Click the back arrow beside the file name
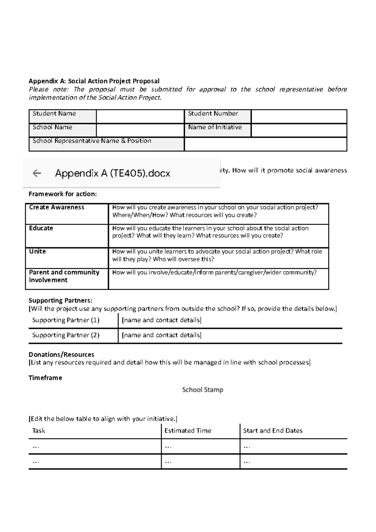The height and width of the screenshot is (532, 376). coord(37,173)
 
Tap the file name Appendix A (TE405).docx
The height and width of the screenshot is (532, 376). coord(112,173)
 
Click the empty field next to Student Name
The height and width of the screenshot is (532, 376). coord(140,116)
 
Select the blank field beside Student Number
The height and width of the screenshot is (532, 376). coord(299,116)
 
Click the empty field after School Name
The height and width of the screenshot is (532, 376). coord(140,130)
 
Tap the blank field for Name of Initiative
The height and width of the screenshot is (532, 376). coord(299,130)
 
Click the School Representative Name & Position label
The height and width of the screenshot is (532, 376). coord(92,141)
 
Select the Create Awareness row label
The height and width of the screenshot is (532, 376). coord(57,207)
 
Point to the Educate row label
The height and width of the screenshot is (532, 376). coord(41,228)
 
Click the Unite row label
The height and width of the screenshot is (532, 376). coord(37,251)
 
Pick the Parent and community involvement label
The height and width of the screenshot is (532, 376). coord(64,276)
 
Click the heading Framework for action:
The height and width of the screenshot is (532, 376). coord(63,194)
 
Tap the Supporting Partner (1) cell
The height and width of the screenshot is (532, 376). coord(66,320)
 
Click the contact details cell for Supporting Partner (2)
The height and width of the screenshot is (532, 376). coord(161,335)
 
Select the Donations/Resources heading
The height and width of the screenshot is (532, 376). coord(61,354)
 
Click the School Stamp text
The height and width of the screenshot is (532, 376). coord(203,390)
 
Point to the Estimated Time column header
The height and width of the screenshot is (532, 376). coord(188,431)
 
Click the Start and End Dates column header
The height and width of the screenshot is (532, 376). coord(273,431)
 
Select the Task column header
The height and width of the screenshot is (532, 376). coord(39,431)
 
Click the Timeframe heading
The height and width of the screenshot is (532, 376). coord(45,378)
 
